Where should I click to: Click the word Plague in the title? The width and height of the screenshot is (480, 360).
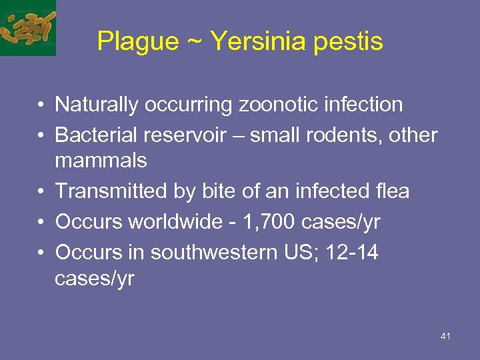[138, 41]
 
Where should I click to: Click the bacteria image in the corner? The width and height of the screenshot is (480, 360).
[27, 27]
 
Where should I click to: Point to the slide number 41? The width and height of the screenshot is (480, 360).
[445, 337]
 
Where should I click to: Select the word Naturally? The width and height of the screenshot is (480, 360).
[97, 105]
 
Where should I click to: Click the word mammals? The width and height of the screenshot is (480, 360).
[101, 161]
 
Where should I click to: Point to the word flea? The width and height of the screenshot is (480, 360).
[391, 192]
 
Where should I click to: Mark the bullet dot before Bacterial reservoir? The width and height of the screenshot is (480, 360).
[41, 135]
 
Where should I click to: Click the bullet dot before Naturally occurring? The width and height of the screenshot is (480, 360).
[41, 105]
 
